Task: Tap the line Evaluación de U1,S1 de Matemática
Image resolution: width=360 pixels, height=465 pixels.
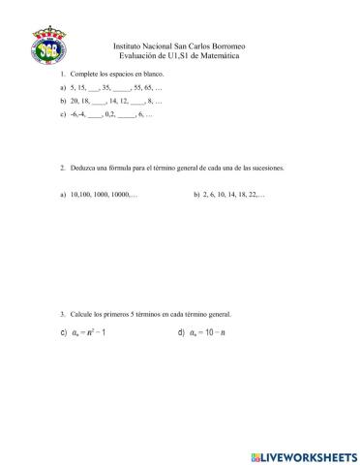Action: (x=179, y=56)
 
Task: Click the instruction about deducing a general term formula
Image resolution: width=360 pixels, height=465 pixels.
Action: (x=176, y=167)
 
